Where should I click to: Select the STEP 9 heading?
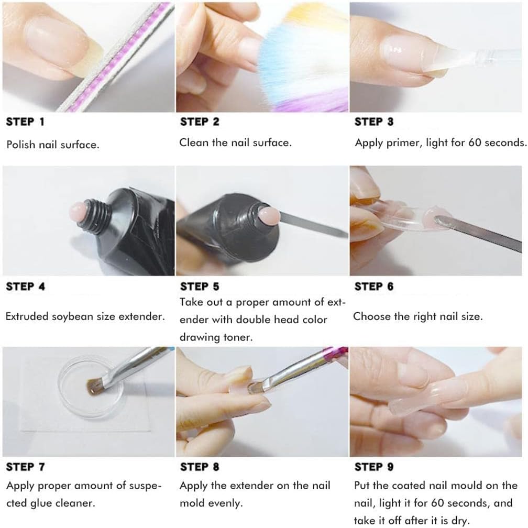tap(374, 466)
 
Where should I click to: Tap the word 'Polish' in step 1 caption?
tap(20, 144)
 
